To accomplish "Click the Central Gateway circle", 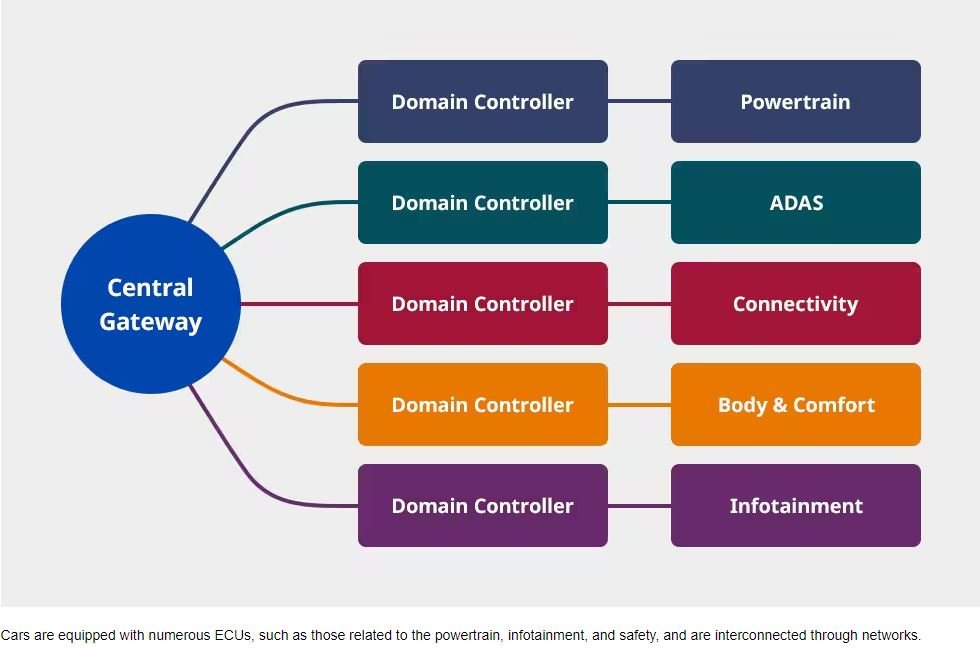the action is click(151, 304).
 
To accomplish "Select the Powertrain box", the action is click(796, 101).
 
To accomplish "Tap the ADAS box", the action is click(796, 202).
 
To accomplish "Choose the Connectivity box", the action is click(796, 304).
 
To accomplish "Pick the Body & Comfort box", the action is click(796, 404).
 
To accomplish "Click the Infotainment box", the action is click(796, 506).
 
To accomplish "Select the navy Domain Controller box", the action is click(482, 101).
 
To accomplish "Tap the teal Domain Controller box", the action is click(482, 202).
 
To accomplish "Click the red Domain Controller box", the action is click(482, 304).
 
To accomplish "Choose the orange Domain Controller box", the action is click(482, 404).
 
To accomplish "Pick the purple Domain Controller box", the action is click(482, 506).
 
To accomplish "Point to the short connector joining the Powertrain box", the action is click(639, 101).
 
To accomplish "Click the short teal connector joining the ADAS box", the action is click(639, 202).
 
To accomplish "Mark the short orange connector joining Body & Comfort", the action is click(639, 405).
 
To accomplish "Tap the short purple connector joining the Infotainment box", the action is click(639, 506).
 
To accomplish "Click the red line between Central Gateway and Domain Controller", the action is click(299, 304).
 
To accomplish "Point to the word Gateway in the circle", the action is click(151, 322).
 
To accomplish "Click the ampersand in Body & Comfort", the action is click(779, 405).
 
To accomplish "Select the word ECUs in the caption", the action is click(232, 636).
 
